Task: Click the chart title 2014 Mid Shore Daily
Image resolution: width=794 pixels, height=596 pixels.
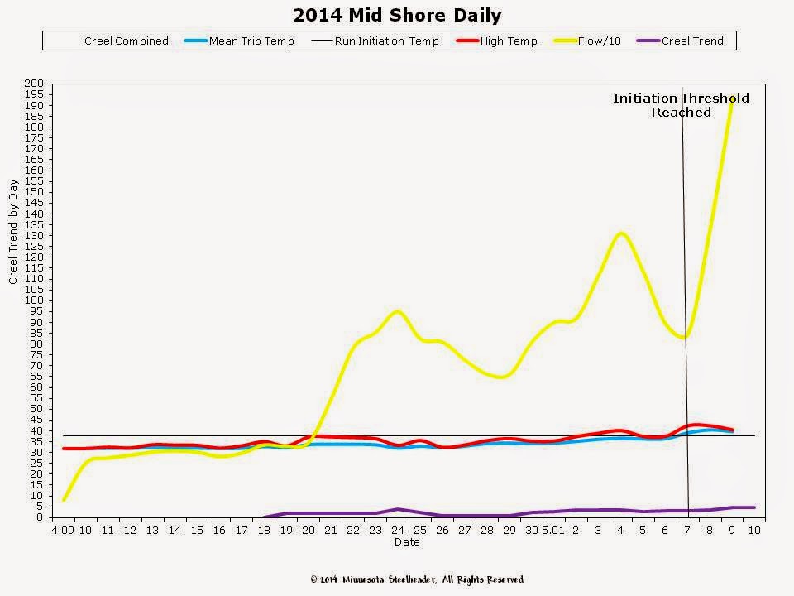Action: point(397,16)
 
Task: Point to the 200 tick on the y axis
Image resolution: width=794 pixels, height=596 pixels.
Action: point(35,84)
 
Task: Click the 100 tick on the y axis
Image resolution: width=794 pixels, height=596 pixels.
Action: point(35,300)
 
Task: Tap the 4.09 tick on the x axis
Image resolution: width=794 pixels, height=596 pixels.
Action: point(63,530)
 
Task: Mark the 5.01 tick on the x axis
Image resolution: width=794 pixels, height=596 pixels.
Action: point(553,530)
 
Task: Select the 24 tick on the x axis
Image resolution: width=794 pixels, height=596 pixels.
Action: point(397,530)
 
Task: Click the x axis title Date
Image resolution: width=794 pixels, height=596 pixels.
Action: point(406,542)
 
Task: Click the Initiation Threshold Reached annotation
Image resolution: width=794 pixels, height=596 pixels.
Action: point(681,105)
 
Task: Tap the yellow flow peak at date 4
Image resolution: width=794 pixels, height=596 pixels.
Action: point(620,233)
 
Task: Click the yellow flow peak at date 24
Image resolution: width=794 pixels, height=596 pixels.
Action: point(397,311)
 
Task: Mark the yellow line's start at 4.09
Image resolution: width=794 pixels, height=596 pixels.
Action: point(64,500)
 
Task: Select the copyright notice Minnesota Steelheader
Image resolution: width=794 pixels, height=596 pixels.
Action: point(417,579)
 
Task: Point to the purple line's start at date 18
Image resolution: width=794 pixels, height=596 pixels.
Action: point(264,517)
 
